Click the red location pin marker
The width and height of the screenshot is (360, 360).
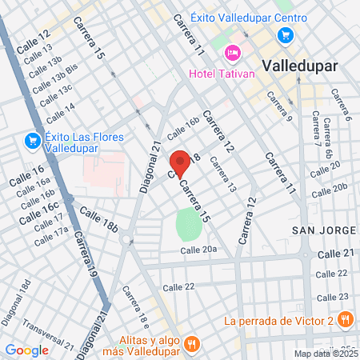tap(180, 162)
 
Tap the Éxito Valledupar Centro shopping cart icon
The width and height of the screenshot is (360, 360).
tap(285, 35)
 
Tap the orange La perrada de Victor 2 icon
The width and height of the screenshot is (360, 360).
tap(346, 321)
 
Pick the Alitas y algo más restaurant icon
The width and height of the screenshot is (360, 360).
tap(191, 345)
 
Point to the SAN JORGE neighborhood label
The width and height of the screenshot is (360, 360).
tap(323, 230)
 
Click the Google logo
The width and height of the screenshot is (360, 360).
tap(26, 350)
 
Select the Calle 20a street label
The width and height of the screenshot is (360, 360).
tap(198, 250)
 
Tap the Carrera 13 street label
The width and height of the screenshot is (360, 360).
tap(223, 174)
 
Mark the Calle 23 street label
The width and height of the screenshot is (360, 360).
tap(333, 296)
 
